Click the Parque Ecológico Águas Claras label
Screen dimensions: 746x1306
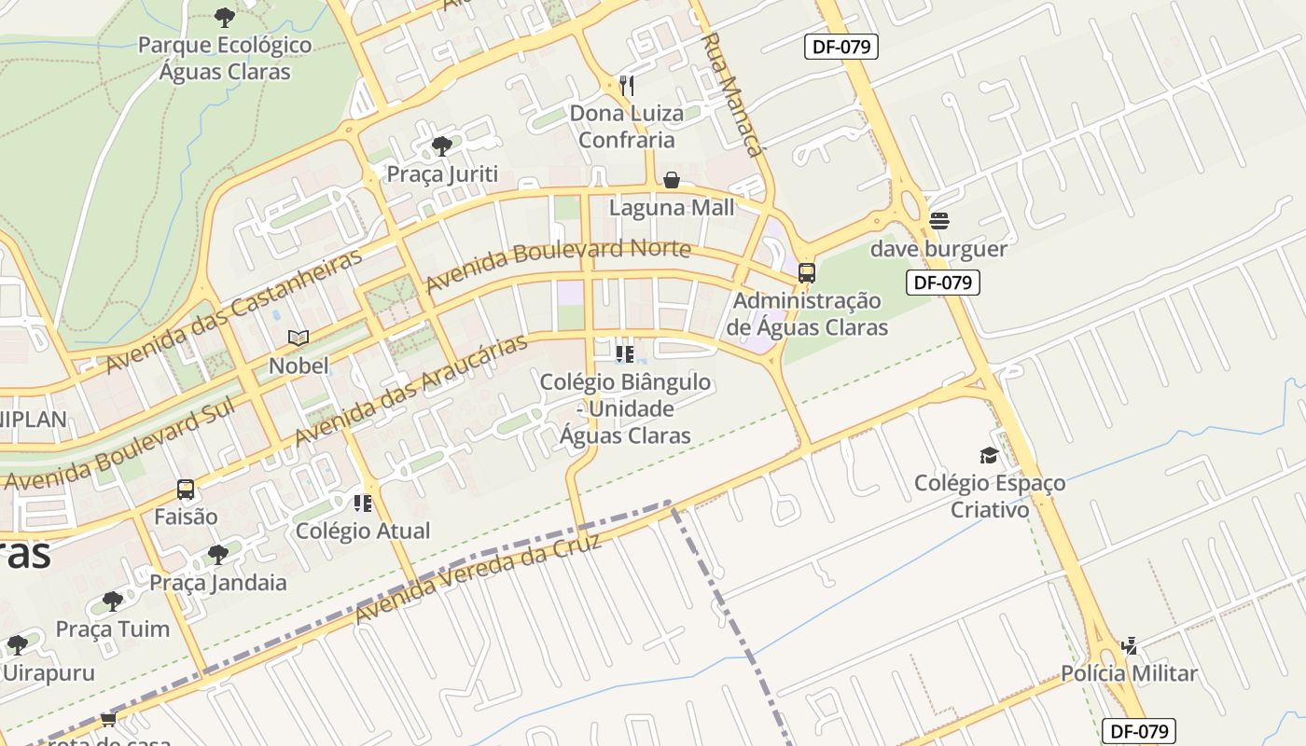(x=224, y=58)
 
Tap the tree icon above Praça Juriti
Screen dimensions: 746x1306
(x=442, y=146)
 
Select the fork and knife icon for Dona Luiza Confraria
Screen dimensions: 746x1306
(x=627, y=86)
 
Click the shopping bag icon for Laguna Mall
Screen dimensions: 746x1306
(x=672, y=180)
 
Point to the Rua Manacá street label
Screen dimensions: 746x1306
(x=733, y=93)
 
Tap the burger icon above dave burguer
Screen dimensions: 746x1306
(x=938, y=221)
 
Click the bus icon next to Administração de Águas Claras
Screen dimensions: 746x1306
(x=807, y=273)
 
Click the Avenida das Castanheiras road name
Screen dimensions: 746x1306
(x=233, y=311)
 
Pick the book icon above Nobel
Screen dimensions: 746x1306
(x=299, y=338)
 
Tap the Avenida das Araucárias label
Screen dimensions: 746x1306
(x=411, y=390)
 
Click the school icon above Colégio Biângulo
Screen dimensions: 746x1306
(x=625, y=354)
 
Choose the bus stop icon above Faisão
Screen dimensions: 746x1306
(x=186, y=490)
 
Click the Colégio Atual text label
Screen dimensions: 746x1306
(x=363, y=532)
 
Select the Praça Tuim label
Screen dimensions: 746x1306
(x=113, y=629)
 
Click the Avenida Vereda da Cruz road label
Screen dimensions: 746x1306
(x=478, y=580)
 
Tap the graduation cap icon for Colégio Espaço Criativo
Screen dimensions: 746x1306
(x=989, y=456)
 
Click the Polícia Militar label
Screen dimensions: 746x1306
(x=1129, y=673)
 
